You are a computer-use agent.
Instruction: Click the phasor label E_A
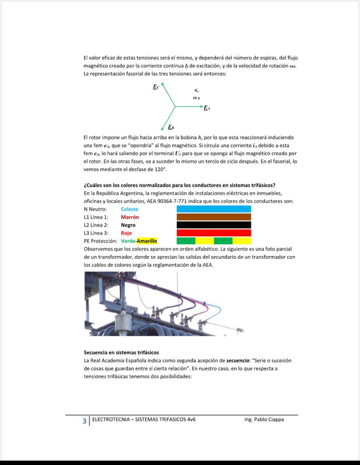click(x=207, y=108)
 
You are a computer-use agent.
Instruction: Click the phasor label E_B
click(x=171, y=127)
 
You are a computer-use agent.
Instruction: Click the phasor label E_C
click(x=156, y=87)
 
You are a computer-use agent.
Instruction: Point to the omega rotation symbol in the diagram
click(x=197, y=97)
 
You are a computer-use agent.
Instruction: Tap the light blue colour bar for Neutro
click(x=214, y=209)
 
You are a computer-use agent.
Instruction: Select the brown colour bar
click(x=214, y=217)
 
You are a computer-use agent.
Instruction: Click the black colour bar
click(x=214, y=225)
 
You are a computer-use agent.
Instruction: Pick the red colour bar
click(x=214, y=233)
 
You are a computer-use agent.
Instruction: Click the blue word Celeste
click(x=129, y=209)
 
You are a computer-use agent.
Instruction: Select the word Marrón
click(x=130, y=217)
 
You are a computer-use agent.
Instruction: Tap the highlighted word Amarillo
click(x=147, y=241)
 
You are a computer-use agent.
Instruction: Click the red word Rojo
click(x=126, y=233)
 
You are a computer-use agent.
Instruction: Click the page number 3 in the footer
click(x=85, y=421)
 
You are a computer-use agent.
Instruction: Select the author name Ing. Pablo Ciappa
click(x=264, y=419)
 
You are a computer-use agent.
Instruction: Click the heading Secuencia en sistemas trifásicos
click(x=121, y=352)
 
